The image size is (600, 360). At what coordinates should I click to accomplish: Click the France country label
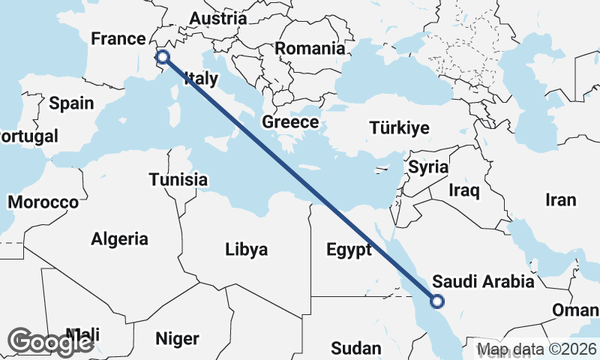point(116,39)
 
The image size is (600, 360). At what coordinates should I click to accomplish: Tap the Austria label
point(217,18)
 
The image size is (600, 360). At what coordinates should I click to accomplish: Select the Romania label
point(310,49)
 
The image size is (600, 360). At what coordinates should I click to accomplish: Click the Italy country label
point(201,78)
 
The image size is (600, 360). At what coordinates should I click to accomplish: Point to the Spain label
point(71,103)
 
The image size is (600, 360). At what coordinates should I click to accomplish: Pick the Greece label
point(290,122)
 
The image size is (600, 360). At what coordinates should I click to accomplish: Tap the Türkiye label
point(399,128)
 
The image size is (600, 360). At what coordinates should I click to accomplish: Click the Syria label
point(427,167)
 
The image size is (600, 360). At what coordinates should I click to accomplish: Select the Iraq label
point(463,190)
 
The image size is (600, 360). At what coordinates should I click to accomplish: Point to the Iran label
point(560,199)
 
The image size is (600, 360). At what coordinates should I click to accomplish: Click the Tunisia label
point(178,180)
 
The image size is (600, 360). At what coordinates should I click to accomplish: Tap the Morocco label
point(43,202)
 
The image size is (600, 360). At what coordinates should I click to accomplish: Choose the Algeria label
point(119,239)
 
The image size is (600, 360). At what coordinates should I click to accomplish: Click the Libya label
point(246,250)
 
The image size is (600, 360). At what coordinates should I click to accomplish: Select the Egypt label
point(349,250)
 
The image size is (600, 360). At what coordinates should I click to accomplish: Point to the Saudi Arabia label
point(484,282)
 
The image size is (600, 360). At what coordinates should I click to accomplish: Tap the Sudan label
point(355,348)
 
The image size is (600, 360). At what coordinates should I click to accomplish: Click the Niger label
point(177,338)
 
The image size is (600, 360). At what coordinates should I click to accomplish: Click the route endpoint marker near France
point(162,56)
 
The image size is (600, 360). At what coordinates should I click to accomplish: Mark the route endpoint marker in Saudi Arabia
point(436,301)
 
